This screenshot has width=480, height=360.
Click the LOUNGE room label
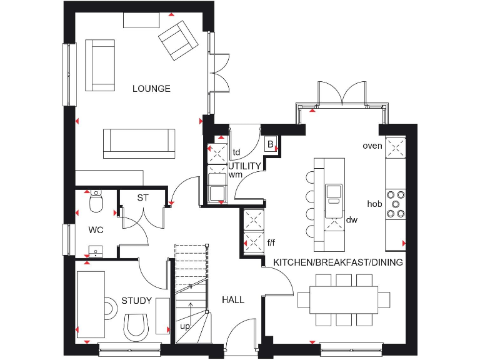(151, 89)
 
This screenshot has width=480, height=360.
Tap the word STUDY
(136, 301)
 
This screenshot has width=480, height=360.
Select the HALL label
(233, 300)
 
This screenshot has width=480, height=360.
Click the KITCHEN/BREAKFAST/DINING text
(338, 262)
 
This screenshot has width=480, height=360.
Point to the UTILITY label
(244, 166)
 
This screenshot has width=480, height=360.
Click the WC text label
(96, 230)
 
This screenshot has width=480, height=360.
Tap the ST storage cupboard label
(143, 198)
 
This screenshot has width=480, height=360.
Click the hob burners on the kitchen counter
(395, 204)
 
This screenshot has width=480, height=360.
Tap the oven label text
(372, 146)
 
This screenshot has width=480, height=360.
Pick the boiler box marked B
(270, 144)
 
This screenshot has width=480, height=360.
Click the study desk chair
(136, 326)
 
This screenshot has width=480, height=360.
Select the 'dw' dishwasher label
(352, 220)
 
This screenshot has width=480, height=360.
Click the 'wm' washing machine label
(235, 174)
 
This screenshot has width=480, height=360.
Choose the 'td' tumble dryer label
(236, 152)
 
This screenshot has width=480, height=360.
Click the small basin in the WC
(94, 252)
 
